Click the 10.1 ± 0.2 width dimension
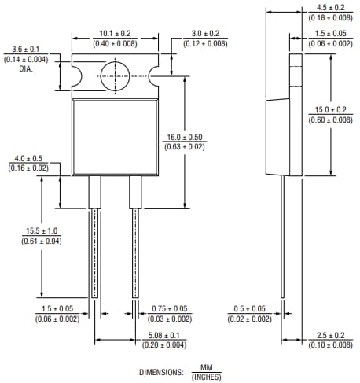coord(116,34)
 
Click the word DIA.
coord(26,69)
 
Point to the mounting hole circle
coord(115,76)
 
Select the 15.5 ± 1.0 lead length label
coord(41,230)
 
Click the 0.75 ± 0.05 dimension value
coord(170,308)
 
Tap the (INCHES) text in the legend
coord(206,376)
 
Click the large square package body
coord(116,138)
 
